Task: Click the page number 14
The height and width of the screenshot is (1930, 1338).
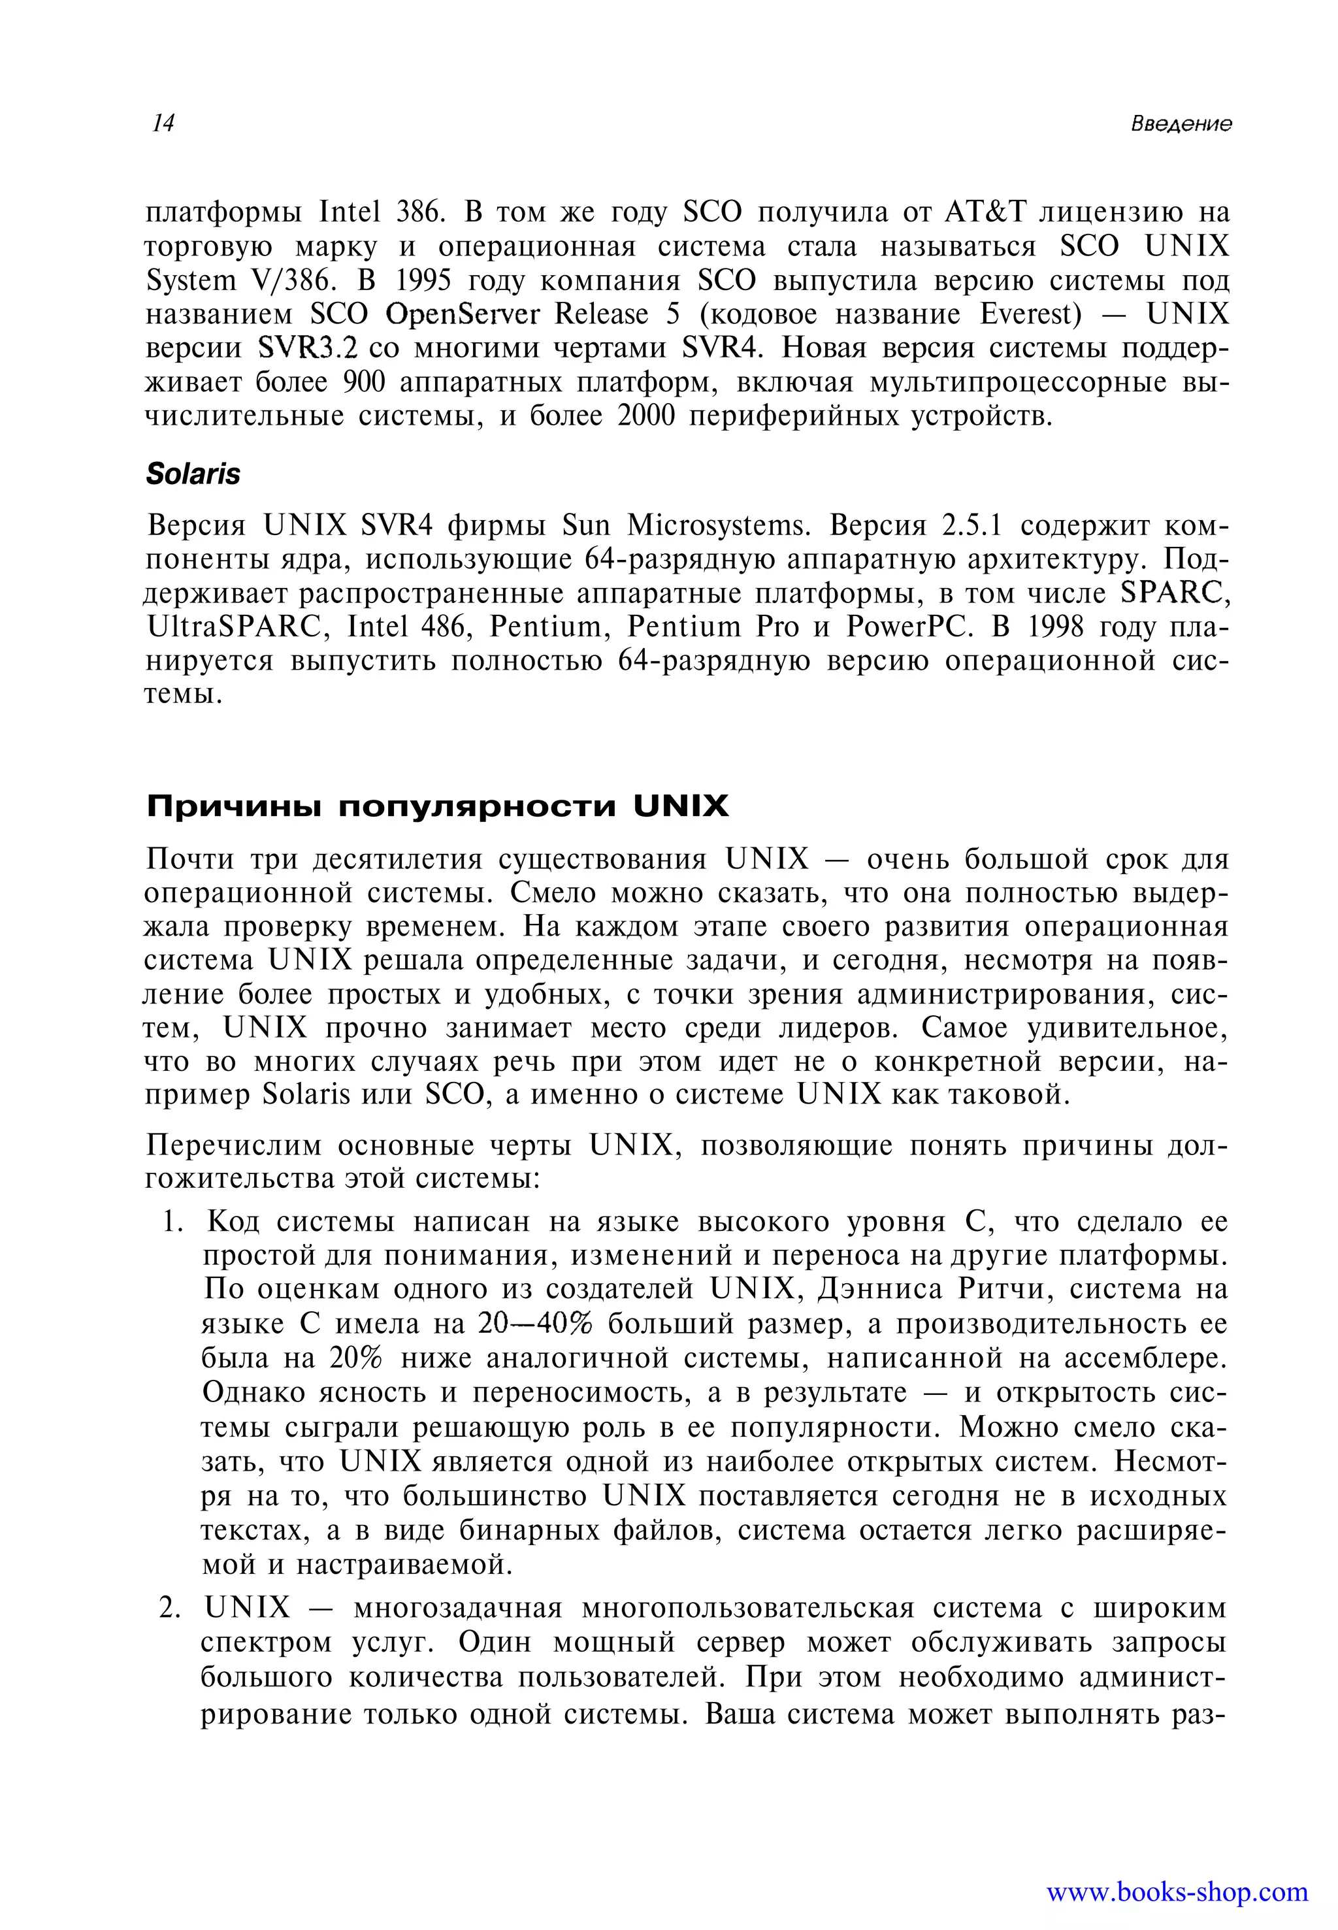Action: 163,123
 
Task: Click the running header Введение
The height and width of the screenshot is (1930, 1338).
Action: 1181,124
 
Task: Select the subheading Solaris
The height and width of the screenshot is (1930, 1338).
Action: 193,474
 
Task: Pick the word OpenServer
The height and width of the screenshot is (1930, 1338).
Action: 462,314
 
